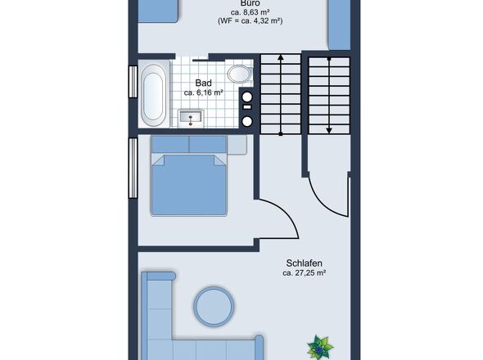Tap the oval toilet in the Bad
tap(240, 74)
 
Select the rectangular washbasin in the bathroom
tap(191, 118)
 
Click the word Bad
tap(204, 83)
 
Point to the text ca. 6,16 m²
tap(204, 92)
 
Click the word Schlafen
tap(304, 263)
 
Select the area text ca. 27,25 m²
tap(304, 272)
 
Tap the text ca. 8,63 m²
tap(251, 12)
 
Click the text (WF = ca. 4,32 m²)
tap(251, 21)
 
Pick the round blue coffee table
tap(214, 306)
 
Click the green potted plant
tap(320, 348)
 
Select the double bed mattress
tap(189, 184)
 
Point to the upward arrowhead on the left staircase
tap(281, 57)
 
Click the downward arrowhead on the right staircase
tap(329, 130)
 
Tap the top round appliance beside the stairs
tap(246, 97)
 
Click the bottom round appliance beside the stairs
tap(246, 121)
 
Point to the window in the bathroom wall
tap(133, 82)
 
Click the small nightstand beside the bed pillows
tap(237, 145)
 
